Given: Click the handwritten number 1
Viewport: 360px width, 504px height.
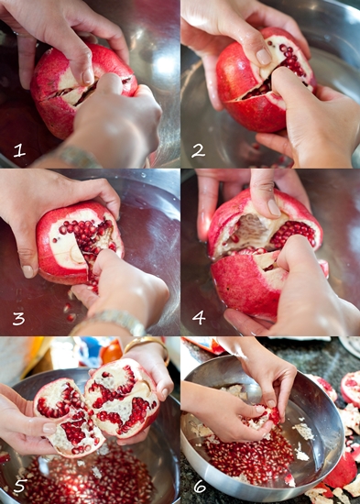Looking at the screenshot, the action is click(19, 151).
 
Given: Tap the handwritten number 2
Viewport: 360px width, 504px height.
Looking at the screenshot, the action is click(198, 150).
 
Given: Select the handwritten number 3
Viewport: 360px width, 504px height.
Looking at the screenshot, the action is click(19, 318).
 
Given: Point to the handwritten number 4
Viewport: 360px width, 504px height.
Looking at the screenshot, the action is click(199, 318).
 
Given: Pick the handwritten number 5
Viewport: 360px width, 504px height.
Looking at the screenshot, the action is click(19, 486).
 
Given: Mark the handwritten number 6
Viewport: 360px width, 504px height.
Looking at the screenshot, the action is click(200, 486).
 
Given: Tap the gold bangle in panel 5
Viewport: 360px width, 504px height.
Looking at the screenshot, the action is click(147, 347).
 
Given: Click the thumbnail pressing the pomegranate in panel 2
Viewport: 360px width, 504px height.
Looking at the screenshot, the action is click(264, 57).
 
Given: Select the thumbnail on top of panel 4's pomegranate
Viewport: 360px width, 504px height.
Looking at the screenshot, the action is click(274, 208).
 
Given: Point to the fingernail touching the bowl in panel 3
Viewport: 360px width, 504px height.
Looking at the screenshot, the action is click(27, 271).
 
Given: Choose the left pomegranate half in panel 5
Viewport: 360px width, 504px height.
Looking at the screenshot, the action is click(69, 417).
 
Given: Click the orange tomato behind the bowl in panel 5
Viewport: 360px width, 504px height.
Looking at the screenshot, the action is click(112, 353).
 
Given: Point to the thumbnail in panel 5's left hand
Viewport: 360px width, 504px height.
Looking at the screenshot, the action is click(49, 428).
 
